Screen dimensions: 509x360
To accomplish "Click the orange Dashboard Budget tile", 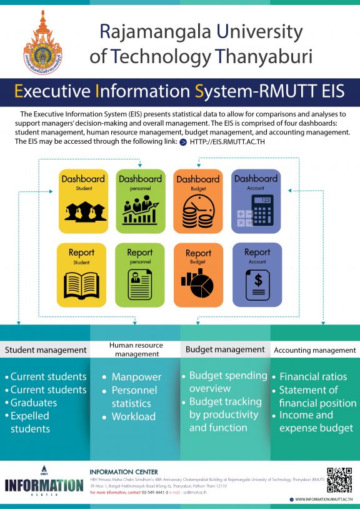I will pos(198,201).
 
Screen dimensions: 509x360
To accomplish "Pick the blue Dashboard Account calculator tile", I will pos(256,201).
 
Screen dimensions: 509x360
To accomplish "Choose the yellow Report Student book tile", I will pos(81,275).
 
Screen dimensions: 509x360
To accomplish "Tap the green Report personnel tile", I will pos(139,275).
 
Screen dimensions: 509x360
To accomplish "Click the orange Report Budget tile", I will pos(198,275).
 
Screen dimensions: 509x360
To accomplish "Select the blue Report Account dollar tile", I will pos(256,275).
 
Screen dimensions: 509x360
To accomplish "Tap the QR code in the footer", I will pos(339,480).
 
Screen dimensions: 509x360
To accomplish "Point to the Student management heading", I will pos(46,350).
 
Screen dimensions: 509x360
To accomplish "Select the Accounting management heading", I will pos(314,350).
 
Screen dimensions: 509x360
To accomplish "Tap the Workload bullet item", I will pos(134,416).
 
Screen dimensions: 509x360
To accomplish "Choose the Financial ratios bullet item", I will pos(313,377).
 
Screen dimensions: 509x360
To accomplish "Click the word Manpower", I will pos(136,377).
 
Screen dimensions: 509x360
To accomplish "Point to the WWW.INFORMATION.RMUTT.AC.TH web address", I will pos(323,500).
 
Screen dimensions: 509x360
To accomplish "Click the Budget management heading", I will pos(225,350).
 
